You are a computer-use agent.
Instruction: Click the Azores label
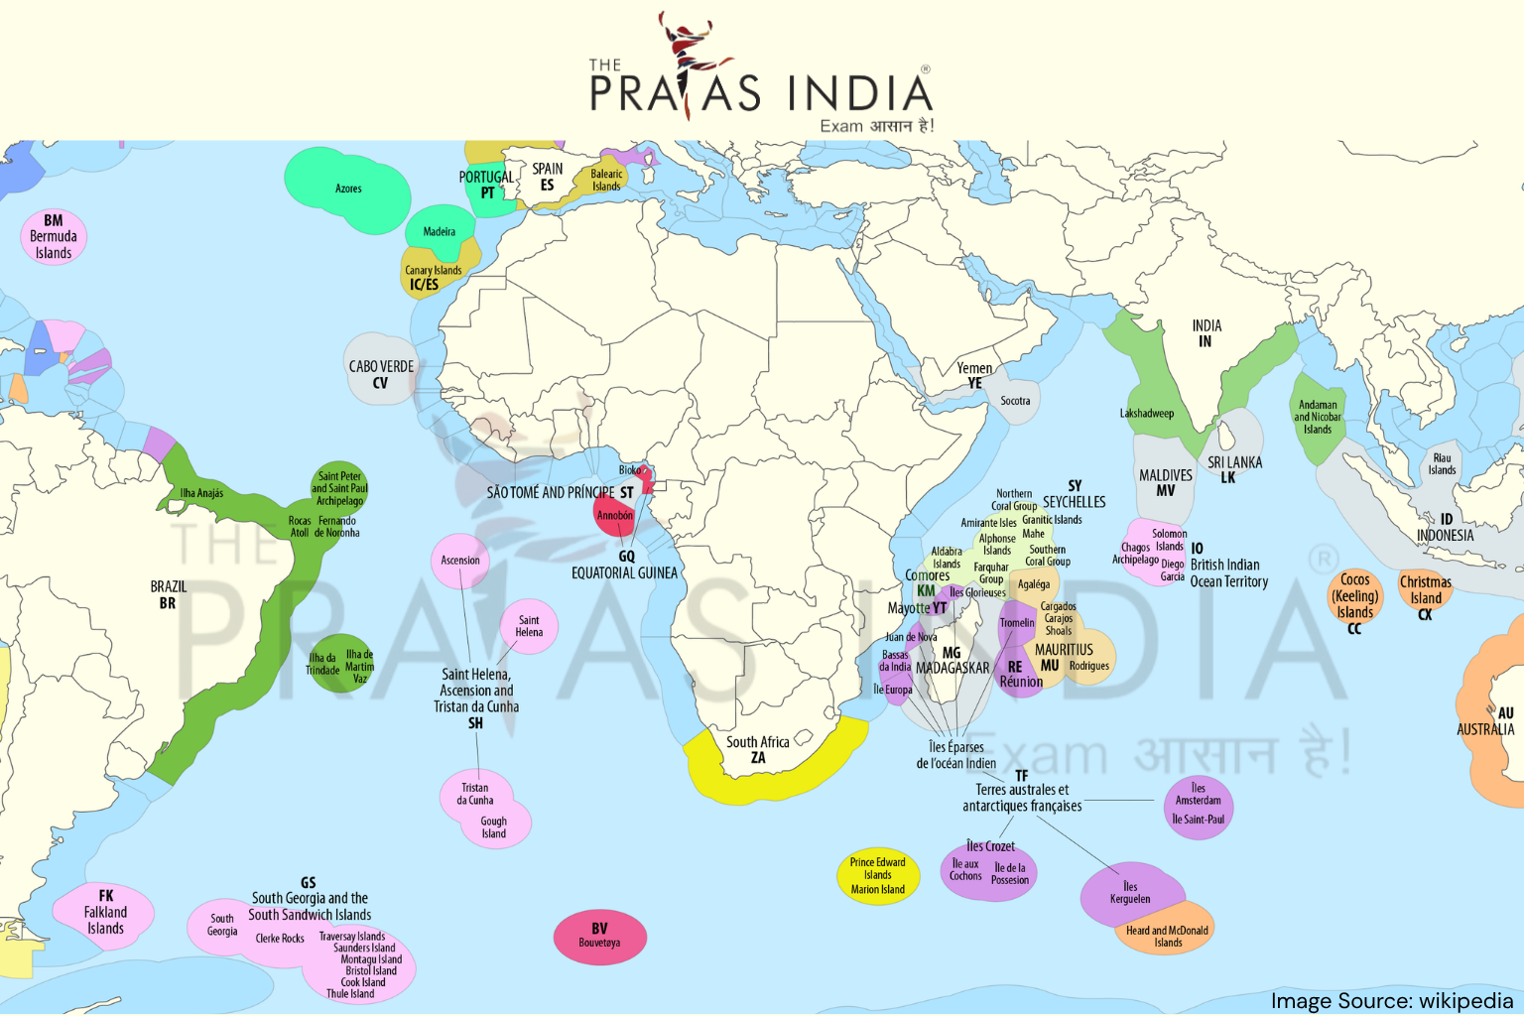pyautogui.click(x=348, y=189)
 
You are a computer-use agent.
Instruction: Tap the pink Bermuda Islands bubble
pyautogui.click(x=54, y=237)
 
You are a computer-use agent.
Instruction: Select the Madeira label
pyautogui.click(x=439, y=232)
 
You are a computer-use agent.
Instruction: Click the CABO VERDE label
pyautogui.click(x=381, y=373)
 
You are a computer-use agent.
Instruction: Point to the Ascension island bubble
pyautogui.click(x=460, y=561)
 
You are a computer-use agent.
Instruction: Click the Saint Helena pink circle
pyautogui.click(x=529, y=626)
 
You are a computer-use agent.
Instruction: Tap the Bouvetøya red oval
pyautogui.click(x=599, y=936)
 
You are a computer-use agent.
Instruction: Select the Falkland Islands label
pyautogui.click(x=105, y=913)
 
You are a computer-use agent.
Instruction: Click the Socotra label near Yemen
pyautogui.click(x=1015, y=401)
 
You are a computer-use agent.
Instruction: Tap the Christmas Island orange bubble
pyautogui.click(x=1426, y=591)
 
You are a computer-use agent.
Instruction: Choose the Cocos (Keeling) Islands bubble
pyautogui.click(x=1355, y=597)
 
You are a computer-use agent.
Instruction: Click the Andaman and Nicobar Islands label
pyautogui.click(x=1318, y=417)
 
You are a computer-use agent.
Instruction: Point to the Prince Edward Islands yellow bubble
pyautogui.click(x=878, y=875)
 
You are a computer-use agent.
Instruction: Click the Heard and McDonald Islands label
pyautogui.click(x=1168, y=936)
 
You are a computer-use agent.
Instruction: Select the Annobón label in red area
pyautogui.click(x=614, y=516)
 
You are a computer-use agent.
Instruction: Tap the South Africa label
pyautogui.click(x=758, y=749)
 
